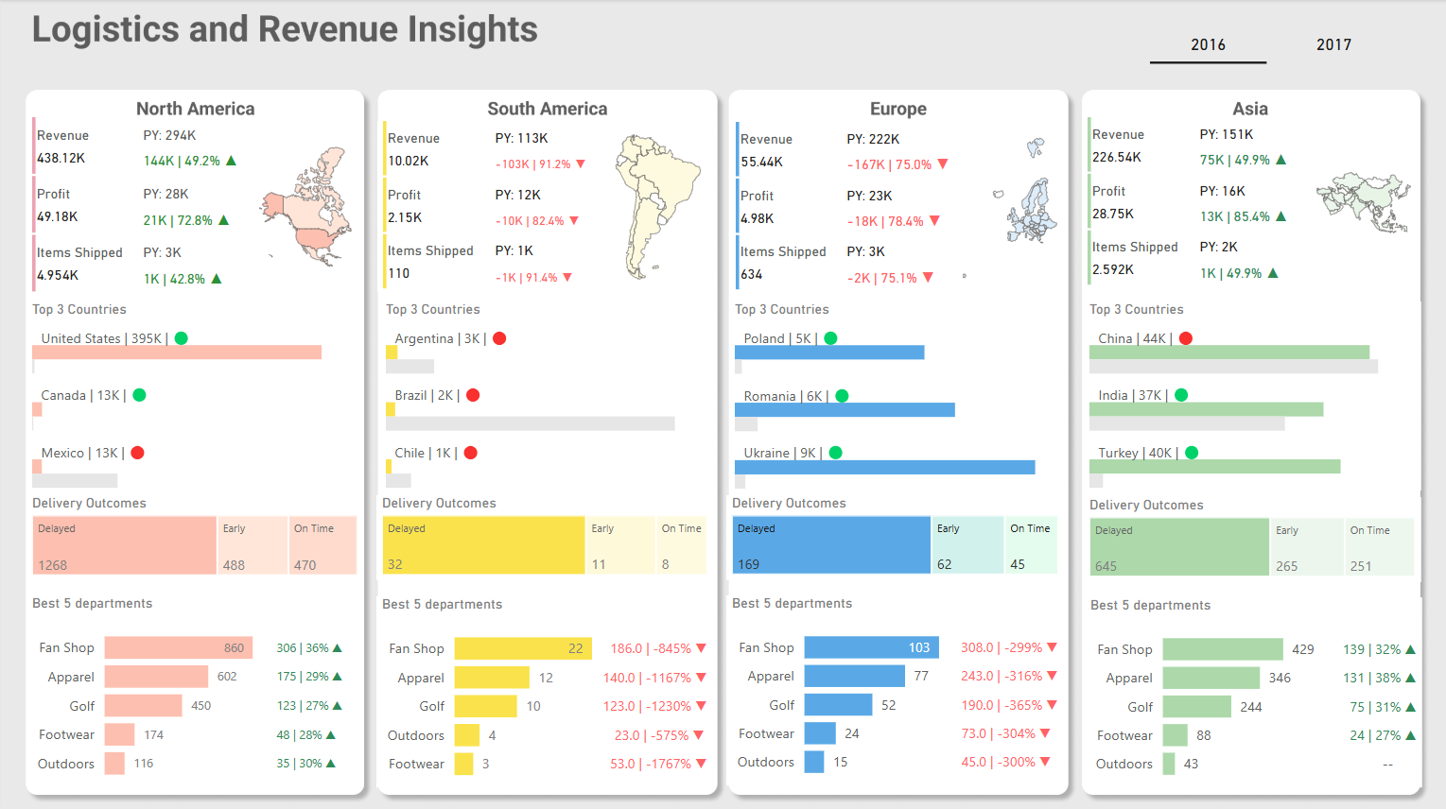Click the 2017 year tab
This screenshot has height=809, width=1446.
(1333, 44)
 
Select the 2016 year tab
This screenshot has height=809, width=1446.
(1208, 44)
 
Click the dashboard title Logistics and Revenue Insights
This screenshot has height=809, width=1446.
(285, 29)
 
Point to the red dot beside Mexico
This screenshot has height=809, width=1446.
(137, 453)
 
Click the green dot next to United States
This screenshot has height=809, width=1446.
(182, 338)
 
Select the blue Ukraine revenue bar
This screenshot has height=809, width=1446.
(884, 467)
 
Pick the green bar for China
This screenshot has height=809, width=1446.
(1228, 352)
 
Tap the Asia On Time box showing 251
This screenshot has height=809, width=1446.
(1379, 547)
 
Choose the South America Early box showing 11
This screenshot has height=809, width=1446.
(619, 545)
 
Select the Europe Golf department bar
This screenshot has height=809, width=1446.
(838, 705)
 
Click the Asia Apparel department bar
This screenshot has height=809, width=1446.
(1211, 678)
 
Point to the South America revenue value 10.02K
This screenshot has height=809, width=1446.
(409, 161)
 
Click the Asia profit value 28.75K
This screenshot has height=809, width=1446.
(1113, 214)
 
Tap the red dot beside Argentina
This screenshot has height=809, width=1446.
(499, 338)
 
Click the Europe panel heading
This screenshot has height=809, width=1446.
(897, 109)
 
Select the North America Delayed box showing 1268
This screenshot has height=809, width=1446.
(125, 545)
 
